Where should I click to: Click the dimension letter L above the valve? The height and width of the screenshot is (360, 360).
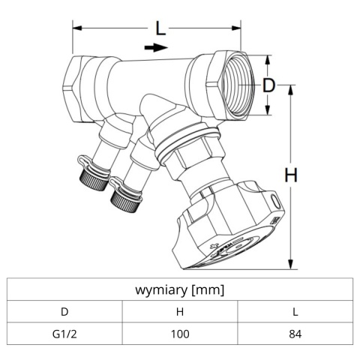[x=160, y=29]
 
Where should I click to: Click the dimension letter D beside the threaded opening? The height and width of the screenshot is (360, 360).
[x=268, y=85]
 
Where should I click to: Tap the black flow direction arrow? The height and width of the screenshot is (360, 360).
[x=154, y=48]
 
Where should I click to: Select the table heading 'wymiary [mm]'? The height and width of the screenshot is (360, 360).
[x=179, y=289]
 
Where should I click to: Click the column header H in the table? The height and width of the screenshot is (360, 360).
[x=179, y=310]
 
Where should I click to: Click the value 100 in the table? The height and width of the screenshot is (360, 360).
[x=179, y=333]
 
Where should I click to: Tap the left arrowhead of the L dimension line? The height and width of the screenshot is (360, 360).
[x=75, y=29]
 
